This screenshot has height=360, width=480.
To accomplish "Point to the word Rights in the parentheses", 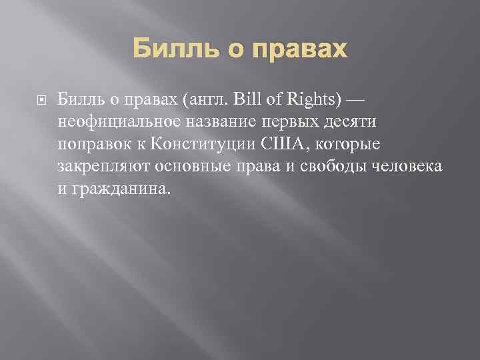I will point(314,99).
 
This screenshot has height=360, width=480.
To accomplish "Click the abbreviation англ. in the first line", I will point(210,99).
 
